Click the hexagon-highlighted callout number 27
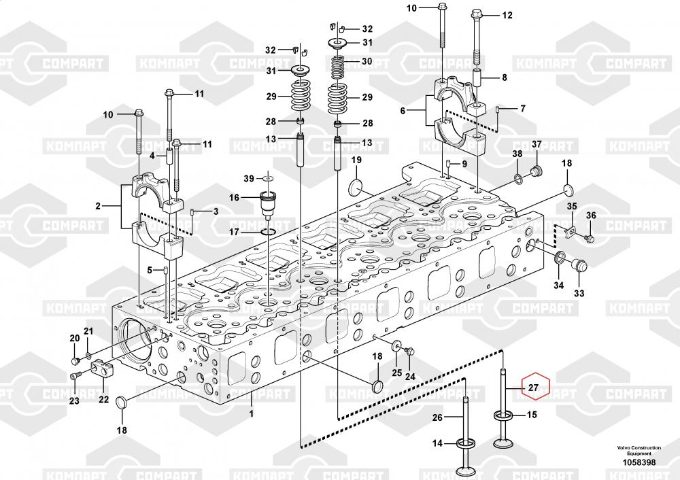pos(533,388)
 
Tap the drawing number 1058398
pos(638,462)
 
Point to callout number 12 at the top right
pos(507,16)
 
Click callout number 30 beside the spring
pos(367,61)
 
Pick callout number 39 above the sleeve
pos(249,178)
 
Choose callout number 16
pos(235,198)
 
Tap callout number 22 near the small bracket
pos(103,399)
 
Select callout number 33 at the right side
pos(579,294)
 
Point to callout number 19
pos(355,160)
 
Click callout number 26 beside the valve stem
pos(438,417)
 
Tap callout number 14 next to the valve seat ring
pos(438,443)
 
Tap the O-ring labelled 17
pos(268,233)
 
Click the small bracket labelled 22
pos(101,371)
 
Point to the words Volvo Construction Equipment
pos(639,450)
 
